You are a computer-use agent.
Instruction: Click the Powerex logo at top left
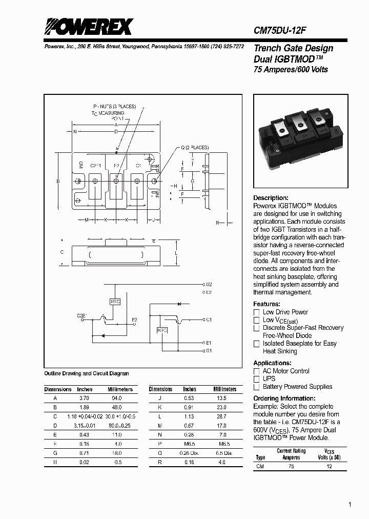point(88,26)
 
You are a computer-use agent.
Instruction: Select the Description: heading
point(271,198)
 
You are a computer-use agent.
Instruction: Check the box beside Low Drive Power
point(257,312)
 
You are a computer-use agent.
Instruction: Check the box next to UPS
point(257,379)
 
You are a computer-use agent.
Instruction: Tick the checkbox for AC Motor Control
point(257,371)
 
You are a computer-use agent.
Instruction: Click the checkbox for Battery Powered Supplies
point(257,387)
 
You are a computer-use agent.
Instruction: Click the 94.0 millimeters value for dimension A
point(117,398)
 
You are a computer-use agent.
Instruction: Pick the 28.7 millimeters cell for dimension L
point(221,416)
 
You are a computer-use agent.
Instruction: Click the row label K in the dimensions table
point(160,407)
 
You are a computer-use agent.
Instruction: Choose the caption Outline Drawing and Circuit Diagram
point(87,373)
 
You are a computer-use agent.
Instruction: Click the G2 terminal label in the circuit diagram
point(209,284)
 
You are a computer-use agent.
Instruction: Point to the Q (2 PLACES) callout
point(195,148)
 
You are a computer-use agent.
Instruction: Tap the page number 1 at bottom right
point(350,505)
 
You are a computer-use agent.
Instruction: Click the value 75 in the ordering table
point(292,467)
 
